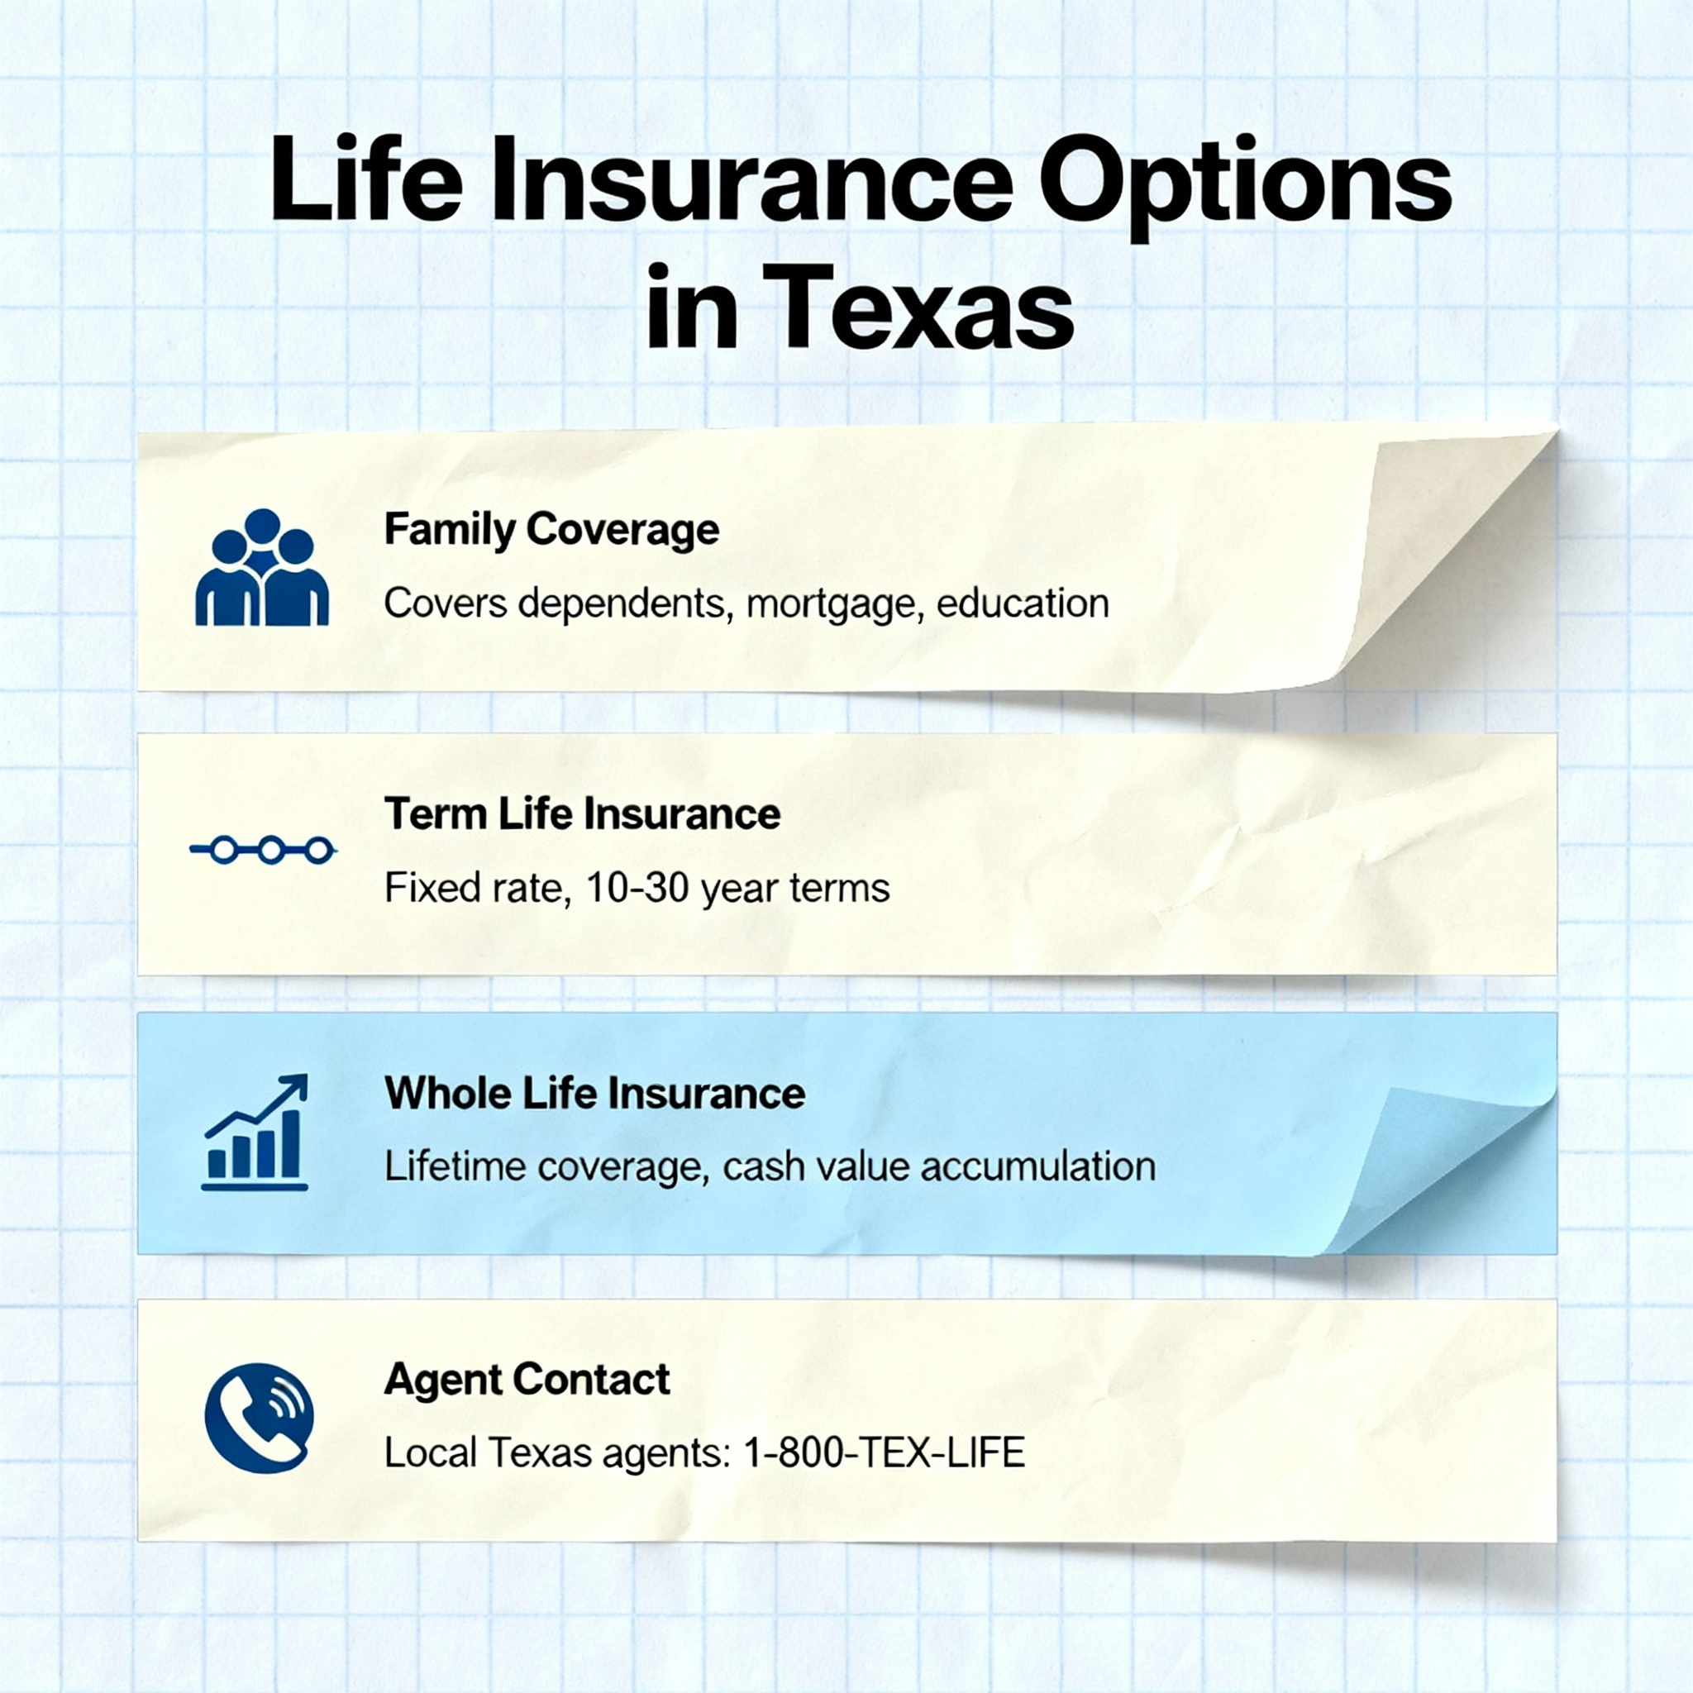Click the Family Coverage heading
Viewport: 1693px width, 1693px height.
(551, 529)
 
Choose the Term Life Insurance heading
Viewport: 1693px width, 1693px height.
(582, 814)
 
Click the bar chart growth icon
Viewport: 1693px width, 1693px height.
(255, 1132)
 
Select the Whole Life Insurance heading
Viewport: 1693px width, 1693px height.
(594, 1094)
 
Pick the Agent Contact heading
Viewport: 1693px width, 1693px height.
(527, 1380)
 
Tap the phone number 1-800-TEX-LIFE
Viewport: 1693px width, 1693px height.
(884, 1453)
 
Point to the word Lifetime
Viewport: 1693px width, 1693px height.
(454, 1166)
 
